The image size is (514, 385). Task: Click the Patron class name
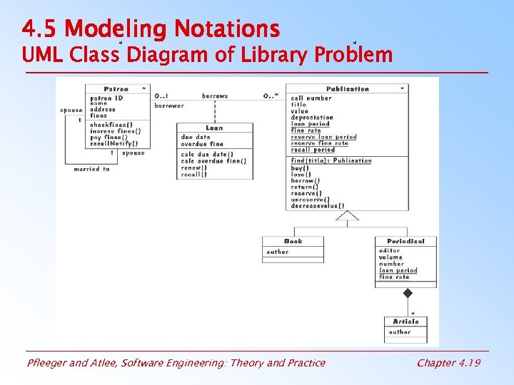point(116,89)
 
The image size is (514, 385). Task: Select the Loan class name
point(214,128)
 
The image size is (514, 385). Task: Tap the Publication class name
point(348,89)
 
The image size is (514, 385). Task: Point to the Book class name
point(293,242)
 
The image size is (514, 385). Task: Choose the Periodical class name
point(405,242)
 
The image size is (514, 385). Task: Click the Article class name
point(405,322)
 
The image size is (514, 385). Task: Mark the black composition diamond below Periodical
point(408,293)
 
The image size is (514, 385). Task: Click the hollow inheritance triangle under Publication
point(347,216)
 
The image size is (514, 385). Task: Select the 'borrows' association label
point(215,96)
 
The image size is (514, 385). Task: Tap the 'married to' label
point(91,169)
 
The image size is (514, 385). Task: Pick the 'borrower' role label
point(169,106)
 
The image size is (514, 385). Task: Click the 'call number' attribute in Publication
point(311,98)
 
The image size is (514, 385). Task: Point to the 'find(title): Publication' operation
point(331,160)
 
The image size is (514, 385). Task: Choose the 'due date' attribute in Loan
point(196,137)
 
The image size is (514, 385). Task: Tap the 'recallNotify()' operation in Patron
point(114,143)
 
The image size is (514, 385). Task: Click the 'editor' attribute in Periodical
point(390,251)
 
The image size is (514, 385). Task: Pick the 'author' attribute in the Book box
point(278,252)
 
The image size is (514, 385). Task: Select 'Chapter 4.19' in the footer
point(448,363)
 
